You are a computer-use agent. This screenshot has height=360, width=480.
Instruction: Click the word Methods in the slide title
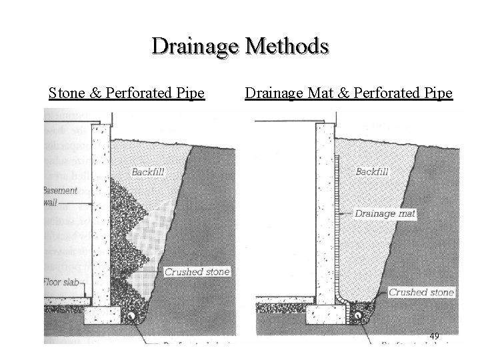(287, 46)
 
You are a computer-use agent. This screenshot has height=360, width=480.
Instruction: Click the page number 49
(434, 336)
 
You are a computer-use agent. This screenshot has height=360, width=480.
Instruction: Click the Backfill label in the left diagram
(147, 171)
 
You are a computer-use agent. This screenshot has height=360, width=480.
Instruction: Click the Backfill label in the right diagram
(372, 171)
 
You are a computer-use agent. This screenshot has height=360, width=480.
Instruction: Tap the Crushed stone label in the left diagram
(197, 271)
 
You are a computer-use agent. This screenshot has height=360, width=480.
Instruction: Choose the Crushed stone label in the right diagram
(421, 292)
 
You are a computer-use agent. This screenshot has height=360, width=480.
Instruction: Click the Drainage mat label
(385, 214)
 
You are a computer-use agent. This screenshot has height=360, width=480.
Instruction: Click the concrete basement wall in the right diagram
(325, 213)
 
